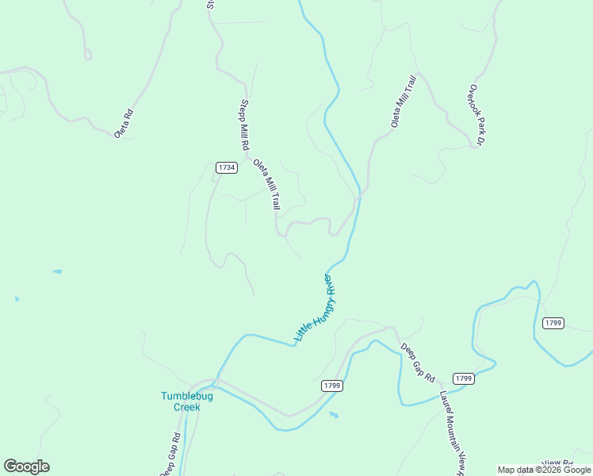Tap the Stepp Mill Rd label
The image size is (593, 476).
coord(245,125)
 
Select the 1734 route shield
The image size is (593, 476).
coord(226,167)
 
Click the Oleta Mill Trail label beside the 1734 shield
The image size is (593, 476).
coord(267,186)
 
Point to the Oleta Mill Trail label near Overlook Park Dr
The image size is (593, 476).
coord(403,102)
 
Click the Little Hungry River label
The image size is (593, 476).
coord(315,308)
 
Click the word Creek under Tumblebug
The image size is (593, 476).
coord(187,407)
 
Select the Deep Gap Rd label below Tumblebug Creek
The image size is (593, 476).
coord(170,455)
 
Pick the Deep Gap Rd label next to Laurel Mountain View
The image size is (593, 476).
coord(418,362)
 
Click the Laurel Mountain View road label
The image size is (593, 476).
coord(451,432)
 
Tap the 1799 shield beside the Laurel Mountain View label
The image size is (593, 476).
coord(464,378)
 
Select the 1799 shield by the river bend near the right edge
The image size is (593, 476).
coord(553,323)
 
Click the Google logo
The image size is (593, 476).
coord(26,466)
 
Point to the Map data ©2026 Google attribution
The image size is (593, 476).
coord(545,470)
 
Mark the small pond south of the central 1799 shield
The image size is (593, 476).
coord(334,414)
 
